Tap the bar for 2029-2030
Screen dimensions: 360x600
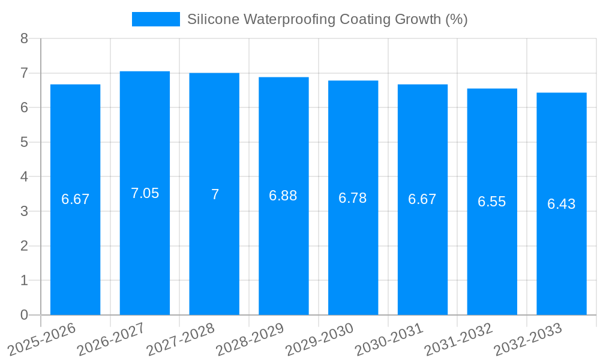[353, 252]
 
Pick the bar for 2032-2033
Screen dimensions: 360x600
[561, 252]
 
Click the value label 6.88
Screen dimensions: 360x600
[283, 196]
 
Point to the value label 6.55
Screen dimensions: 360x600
[491, 202]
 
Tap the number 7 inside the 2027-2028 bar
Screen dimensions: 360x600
[215, 194]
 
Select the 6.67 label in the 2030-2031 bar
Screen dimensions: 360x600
[422, 199]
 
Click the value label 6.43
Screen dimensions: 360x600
[561, 204]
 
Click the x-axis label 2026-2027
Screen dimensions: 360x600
[111, 339]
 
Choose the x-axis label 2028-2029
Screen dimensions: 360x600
[250, 339]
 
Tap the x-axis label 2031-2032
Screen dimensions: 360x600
[458, 339]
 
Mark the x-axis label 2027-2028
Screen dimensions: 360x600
[181, 339]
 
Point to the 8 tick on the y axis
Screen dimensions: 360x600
[24, 38]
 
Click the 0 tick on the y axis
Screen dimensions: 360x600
[24, 315]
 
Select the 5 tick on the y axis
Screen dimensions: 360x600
[24, 142]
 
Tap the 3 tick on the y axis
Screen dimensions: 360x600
[24, 211]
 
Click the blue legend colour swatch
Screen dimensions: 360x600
[155, 19]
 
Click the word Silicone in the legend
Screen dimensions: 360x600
[210, 19]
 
